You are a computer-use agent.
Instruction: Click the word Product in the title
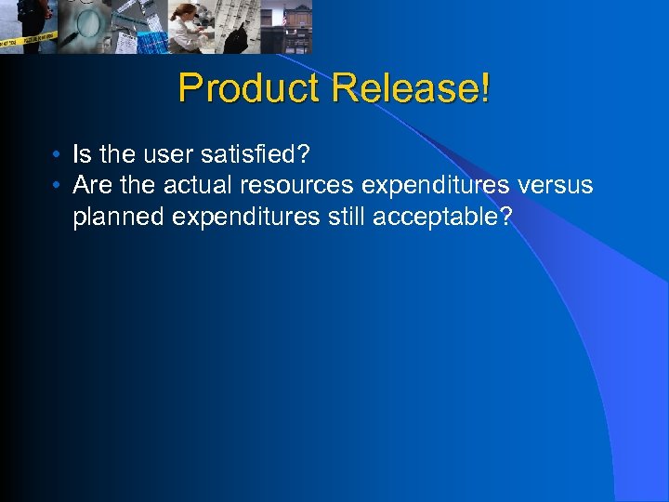coord(249,88)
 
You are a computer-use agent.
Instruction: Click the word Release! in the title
coord(411,88)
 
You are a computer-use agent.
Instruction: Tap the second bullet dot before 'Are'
coord(58,186)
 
